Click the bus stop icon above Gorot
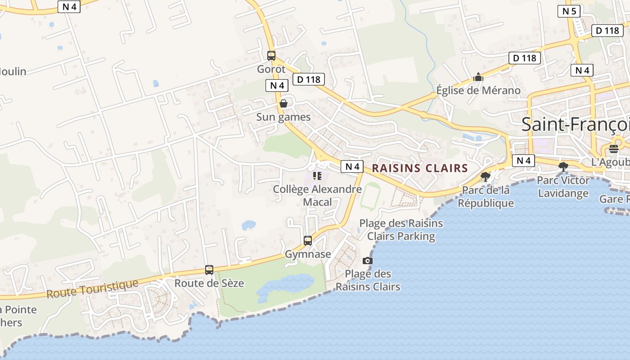click(271, 56)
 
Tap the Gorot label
click(271, 69)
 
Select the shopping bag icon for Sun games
click(283, 104)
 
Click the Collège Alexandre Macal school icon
click(317, 176)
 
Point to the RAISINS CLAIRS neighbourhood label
click(420, 168)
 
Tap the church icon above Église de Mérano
click(478, 77)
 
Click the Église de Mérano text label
click(478, 90)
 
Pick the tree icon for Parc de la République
click(485, 176)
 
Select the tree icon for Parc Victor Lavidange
click(562, 167)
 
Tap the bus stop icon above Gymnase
click(308, 241)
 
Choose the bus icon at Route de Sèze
click(209, 270)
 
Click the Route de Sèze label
click(209, 283)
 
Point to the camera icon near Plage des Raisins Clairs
click(368, 261)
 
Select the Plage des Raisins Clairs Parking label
click(401, 229)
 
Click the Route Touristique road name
click(92, 289)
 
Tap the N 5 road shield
click(569, 11)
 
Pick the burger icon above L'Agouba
click(614, 149)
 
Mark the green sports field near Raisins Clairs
click(370, 196)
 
